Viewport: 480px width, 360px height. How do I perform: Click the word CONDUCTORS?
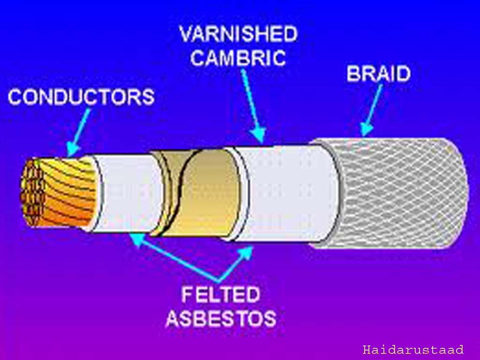pyautogui.click(x=81, y=97)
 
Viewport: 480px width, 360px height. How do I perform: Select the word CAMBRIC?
pyautogui.click(x=239, y=59)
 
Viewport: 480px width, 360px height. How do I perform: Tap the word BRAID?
pyautogui.click(x=378, y=74)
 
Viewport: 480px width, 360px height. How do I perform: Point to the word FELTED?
pyautogui.click(x=220, y=295)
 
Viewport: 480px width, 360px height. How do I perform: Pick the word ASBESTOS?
pyautogui.click(x=220, y=319)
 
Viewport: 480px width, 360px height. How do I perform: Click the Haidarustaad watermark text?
pyautogui.click(x=413, y=350)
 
